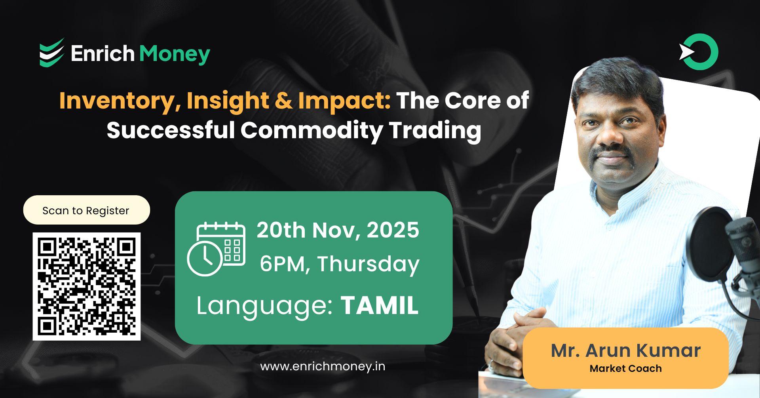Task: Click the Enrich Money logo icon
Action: click(x=51, y=52)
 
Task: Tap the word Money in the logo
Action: click(x=175, y=54)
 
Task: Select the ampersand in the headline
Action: click(x=283, y=101)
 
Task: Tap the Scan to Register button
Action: click(x=86, y=210)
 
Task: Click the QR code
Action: click(x=86, y=286)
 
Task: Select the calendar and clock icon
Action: click(x=216, y=249)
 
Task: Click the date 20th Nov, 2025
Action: click(x=338, y=230)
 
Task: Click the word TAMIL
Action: click(x=379, y=305)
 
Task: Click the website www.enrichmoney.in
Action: click(x=323, y=366)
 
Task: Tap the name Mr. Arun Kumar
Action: click(x=625, y=350)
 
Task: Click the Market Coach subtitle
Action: click(x=625, y=369)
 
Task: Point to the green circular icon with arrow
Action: click(x=699, y=52)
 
